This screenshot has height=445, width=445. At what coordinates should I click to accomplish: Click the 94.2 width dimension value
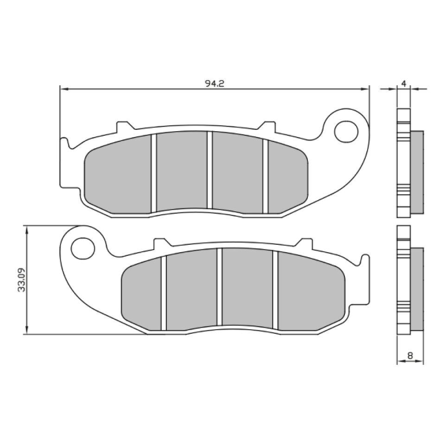[215, 83]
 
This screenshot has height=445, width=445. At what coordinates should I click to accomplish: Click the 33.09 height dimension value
[21, 280]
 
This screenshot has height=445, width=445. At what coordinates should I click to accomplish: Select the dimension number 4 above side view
[404, 83]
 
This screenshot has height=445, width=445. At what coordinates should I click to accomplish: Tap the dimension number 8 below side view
[410, 356]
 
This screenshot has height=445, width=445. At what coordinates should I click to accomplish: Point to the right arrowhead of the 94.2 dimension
[366, 89]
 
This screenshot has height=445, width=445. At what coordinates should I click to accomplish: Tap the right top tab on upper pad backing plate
[268, 125]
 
